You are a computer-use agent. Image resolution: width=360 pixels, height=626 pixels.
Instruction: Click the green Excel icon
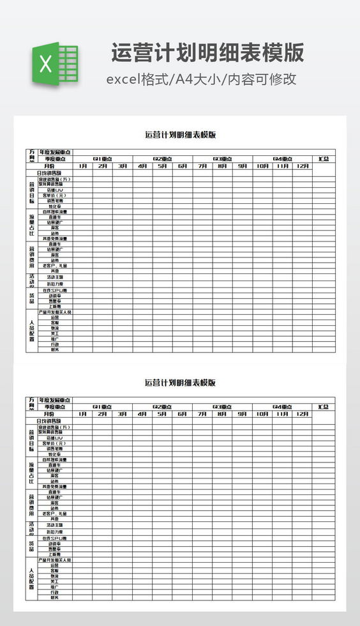click(55, 63)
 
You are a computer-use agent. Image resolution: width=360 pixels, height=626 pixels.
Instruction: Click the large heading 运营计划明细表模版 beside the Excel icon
click(207, 52)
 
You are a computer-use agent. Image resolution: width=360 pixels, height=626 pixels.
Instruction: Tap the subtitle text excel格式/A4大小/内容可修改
click(201, 79)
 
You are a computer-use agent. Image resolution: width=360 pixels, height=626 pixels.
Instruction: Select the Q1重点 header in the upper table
click(102, 159)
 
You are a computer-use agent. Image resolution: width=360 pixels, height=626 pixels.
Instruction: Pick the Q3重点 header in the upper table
click(222, 159)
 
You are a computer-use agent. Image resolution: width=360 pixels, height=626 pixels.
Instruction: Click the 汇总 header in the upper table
click(324, 159)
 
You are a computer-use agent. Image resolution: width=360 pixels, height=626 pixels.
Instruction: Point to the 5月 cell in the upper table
click(162, 166)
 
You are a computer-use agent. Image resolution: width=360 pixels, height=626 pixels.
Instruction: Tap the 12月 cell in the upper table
click(303, 166)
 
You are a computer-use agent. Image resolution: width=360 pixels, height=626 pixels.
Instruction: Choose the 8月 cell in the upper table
click(222, 166)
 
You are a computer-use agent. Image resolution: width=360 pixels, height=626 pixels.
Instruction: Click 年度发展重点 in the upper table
click(55, 153)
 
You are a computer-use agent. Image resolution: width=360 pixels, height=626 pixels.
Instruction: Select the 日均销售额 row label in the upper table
click(49, 173)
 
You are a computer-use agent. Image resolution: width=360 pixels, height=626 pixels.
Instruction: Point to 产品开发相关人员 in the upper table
click(55, 312)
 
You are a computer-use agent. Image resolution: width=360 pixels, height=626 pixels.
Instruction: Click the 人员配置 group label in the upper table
click(31, 330)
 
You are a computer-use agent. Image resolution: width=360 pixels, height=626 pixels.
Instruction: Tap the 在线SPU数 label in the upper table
click(55, 290)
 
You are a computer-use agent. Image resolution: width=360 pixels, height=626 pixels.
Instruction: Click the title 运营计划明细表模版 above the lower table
click(180, 383)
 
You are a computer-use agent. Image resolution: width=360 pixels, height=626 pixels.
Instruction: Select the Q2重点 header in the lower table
click(162, 407)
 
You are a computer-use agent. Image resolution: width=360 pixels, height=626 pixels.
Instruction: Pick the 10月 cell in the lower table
click(262, 414)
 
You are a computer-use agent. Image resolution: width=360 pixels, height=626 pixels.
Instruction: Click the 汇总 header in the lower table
click(324, 407)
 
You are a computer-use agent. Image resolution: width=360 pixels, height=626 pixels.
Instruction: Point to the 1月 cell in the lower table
click(82, 414)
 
